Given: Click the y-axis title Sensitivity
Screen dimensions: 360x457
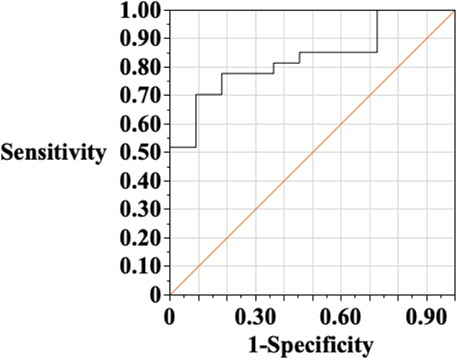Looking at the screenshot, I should coord(54,153).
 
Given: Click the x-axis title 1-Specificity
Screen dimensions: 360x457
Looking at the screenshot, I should coord(310,344).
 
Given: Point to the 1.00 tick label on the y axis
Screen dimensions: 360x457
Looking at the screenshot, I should coord(140,11).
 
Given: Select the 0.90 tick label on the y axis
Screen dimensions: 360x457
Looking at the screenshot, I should coord(140,39).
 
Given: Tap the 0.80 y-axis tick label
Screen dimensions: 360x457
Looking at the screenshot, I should coord(140,68).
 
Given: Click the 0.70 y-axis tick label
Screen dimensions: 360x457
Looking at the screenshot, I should coord(140,96).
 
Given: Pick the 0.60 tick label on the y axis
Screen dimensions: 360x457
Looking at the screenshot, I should coord(140,125).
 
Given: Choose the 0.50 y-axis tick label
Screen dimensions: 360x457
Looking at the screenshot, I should coord(140,153).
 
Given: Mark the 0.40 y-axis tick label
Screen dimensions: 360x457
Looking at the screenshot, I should coord(140,181).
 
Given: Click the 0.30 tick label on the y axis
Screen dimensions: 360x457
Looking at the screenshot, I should coord(140,209).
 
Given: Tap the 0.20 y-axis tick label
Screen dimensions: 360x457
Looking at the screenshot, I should coord(140,238).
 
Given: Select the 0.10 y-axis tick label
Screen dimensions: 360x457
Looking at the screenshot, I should coord(140,266).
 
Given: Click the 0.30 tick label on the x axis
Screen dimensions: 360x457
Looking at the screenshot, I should coord(255,318).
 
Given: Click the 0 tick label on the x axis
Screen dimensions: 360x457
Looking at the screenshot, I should coord(169,318).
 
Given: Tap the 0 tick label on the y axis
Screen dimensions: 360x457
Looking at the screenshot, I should coord(155,295).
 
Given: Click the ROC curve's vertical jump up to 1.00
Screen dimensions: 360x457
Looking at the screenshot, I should coord(377,31).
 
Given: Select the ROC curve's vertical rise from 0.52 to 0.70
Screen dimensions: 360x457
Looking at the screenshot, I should coord(196,121).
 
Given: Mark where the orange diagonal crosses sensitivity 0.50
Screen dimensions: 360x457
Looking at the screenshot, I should coord(312,153).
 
